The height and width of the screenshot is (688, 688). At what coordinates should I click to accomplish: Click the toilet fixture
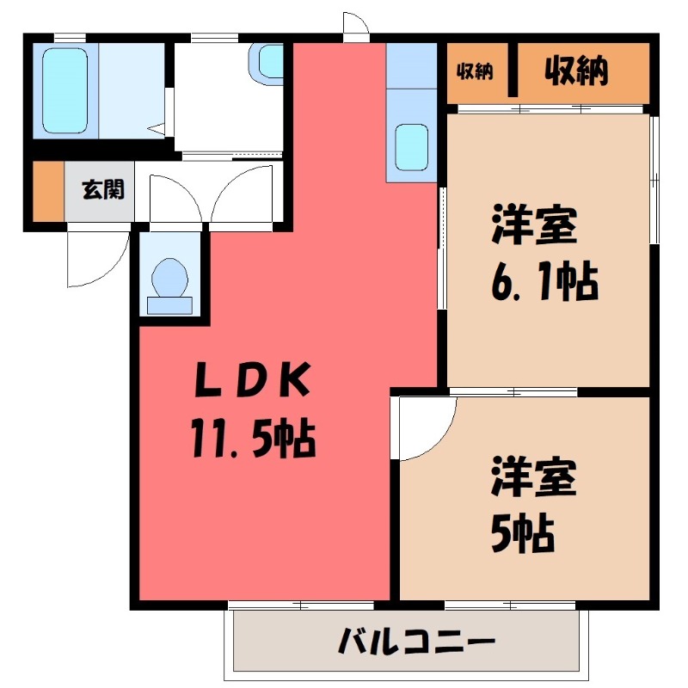point(169,278)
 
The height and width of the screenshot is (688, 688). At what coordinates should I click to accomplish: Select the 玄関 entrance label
point(102,189)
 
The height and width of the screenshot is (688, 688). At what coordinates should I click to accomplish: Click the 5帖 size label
point(522,536)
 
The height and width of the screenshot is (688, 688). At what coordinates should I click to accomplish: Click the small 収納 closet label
point(474,72)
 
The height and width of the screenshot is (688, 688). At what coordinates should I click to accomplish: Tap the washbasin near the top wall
point(270,61)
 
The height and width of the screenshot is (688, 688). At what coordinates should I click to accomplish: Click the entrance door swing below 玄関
point(97,258)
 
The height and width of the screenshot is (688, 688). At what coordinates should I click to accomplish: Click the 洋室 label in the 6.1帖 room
point(534,225)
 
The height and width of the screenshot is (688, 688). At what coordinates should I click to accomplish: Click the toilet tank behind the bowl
point(169,304)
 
